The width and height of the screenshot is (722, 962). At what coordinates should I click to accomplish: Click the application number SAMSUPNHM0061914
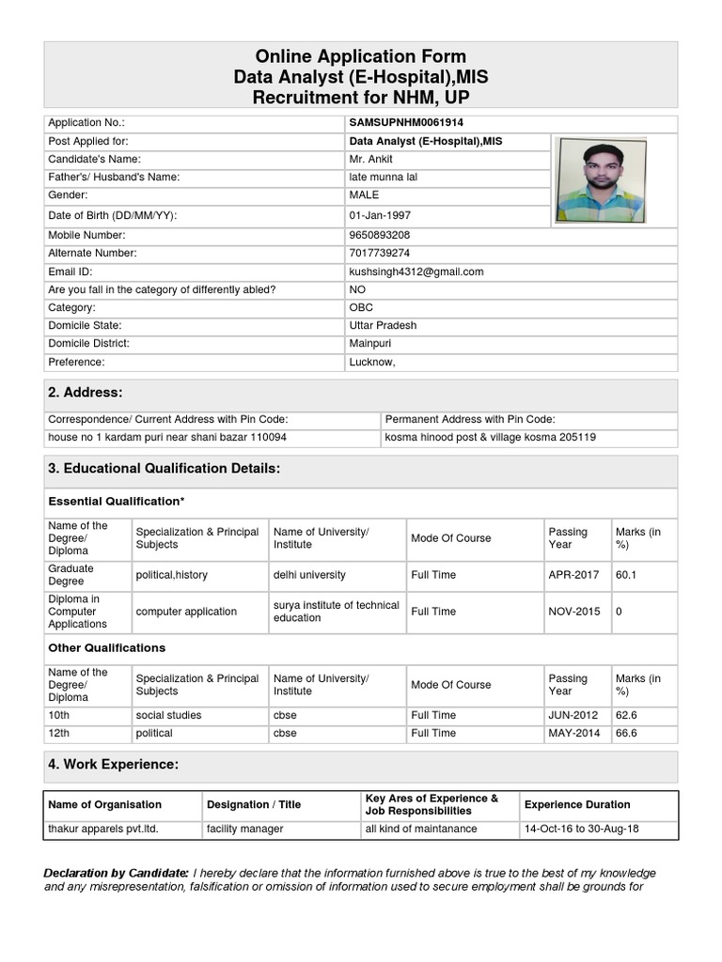coord(405,123)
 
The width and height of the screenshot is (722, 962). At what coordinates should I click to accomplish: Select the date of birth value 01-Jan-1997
coord(382,215)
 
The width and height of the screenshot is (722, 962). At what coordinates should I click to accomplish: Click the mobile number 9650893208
coord(379,235)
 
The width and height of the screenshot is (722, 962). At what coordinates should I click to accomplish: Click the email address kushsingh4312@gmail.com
coord(416,272)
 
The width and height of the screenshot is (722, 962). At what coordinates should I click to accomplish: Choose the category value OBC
coord(361,307)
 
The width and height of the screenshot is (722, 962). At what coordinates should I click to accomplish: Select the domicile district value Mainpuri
coord(369,344)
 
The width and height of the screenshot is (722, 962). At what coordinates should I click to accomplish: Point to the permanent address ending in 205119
coord(490,438)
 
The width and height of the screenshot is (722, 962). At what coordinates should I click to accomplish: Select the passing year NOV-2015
coord(573,612)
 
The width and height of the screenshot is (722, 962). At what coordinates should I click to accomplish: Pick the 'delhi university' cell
coord(309,574)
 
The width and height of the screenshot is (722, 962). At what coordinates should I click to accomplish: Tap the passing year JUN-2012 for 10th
coord(573,715)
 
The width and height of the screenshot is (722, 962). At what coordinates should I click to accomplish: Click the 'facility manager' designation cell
coord(244,829)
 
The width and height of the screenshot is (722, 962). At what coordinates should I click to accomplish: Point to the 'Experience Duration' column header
coord(577,804)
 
